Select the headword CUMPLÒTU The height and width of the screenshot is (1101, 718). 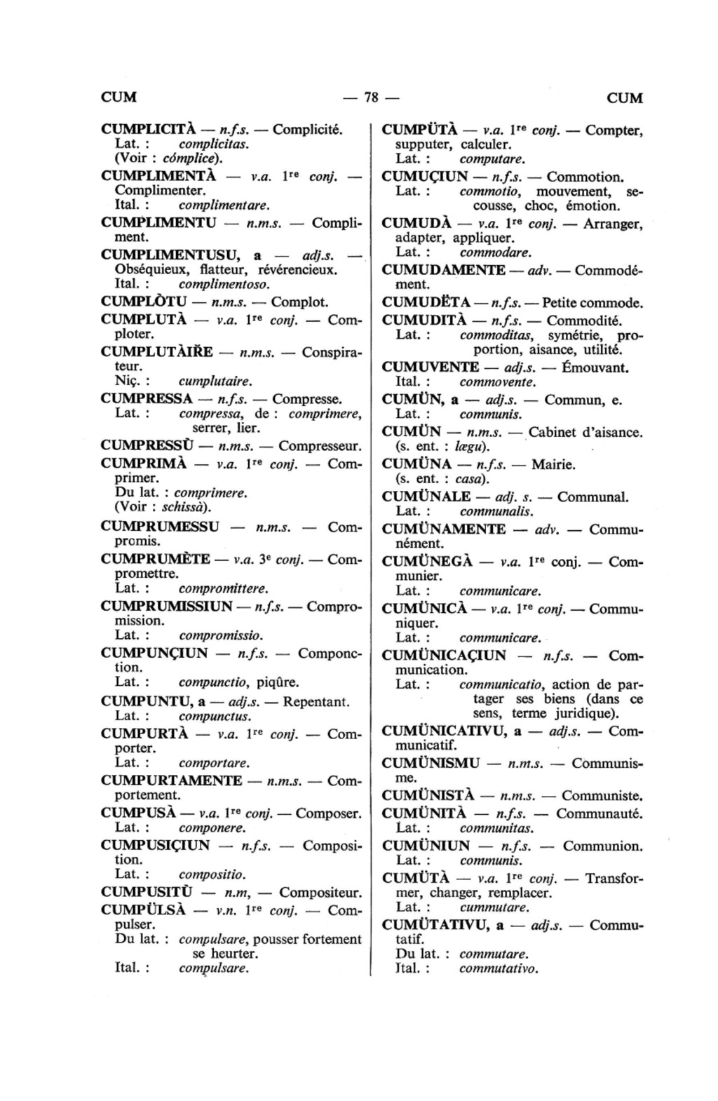[x=143, y=302]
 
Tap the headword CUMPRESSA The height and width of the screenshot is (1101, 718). [x=147, y=399]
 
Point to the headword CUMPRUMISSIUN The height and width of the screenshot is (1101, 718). [x=167, y=606]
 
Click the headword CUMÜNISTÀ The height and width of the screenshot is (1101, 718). [x=428, y=796]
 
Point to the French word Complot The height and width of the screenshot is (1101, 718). [x=299, y=302]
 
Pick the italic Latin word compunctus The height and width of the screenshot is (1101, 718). [x=215, y=716]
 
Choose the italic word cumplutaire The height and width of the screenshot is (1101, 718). [x=215, y=382]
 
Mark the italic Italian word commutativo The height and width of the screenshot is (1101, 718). [x=499, y=968]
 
